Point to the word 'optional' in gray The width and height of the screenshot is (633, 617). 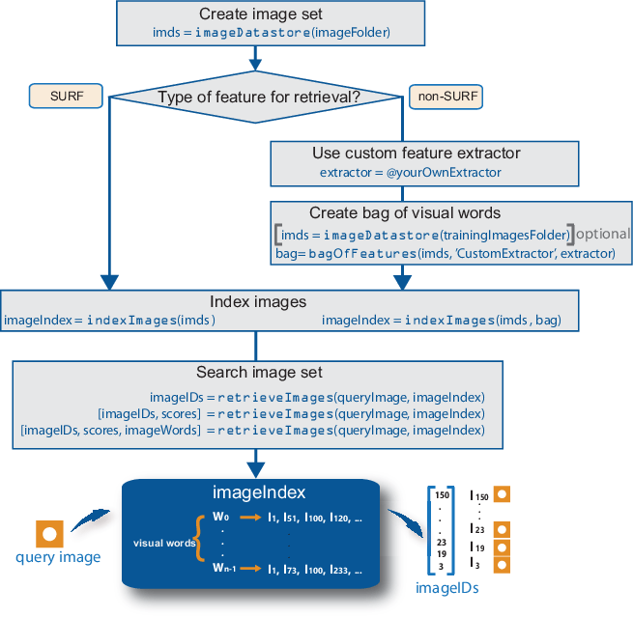coord(604,234)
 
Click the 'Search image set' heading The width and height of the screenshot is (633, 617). coord(257,373)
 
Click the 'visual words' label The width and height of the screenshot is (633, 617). coord(163,543)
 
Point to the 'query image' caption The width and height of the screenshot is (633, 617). coord(58,557)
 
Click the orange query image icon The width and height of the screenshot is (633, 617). coord(50,532)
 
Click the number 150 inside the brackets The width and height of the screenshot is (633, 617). coord(443,495)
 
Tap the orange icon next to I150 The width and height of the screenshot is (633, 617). coord(501,494)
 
